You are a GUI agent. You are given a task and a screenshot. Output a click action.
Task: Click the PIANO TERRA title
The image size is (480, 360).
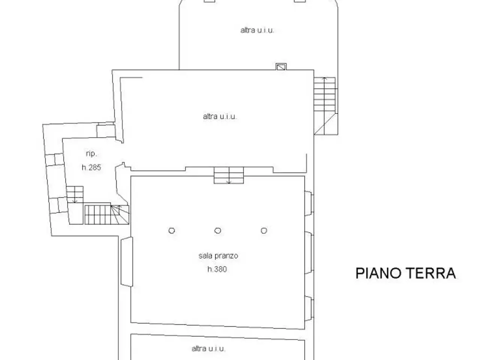coord(406,273)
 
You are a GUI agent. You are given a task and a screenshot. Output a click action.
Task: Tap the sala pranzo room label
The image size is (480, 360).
coord(218,255)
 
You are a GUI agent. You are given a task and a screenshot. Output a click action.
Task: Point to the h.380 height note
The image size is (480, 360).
coord(217,269)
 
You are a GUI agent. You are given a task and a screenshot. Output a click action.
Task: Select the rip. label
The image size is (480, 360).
coord(91,154)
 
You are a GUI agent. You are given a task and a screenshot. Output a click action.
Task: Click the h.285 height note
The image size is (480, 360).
coord(91,167)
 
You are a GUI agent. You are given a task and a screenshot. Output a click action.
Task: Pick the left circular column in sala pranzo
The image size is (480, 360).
coord(172,231)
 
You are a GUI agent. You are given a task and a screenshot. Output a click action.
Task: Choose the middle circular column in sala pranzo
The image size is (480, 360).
coord(217,231)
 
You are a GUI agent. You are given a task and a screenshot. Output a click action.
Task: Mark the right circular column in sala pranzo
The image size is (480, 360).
coord(264,231)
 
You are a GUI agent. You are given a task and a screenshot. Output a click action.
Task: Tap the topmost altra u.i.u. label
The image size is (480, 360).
coord(257,30)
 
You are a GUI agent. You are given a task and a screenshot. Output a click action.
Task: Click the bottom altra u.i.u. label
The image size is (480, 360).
coord(208,348)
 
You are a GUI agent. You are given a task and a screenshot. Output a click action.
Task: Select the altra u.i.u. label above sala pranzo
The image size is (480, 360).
coord(220,116)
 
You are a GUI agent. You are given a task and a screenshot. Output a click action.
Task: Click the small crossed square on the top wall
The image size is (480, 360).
coord(281,67)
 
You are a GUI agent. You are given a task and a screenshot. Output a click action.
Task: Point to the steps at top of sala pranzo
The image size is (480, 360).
coord(229,175)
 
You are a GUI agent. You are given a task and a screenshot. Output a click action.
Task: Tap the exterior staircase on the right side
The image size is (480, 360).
coord(325,106)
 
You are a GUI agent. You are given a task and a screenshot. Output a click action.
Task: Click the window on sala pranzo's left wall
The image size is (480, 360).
coord(127,262)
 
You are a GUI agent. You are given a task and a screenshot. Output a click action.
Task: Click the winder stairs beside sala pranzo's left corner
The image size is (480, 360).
coord(107,214)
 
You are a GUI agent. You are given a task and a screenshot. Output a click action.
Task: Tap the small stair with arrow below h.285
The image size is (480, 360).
coord(75,194)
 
